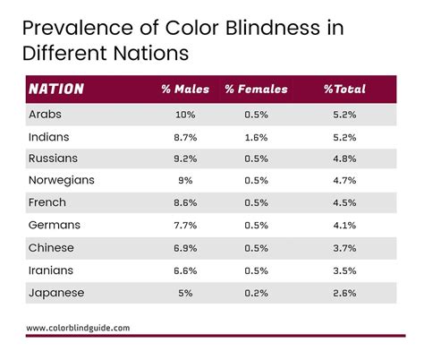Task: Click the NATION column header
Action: click(x=56, y=90)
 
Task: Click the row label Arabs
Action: click(x=46, y=116)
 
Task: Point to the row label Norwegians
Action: click(x=62, y=180)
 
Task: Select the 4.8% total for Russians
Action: click(x=344, y=159)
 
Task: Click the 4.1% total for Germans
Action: click(x=344, y=225)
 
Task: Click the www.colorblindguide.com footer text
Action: click(x=78, y=328)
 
